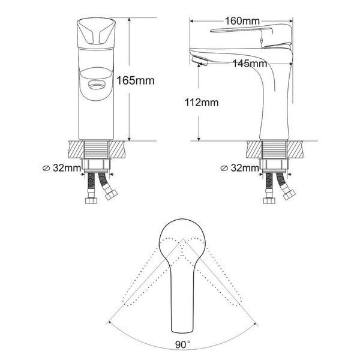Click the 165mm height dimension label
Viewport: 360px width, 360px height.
coord(136,81)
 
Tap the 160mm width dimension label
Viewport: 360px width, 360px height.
coord(242,21)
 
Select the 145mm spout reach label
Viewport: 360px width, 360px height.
coord(250,64)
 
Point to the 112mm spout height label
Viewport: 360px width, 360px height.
coord(202,103)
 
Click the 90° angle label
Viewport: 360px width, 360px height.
coord(183,344)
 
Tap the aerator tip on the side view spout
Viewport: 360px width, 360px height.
coord(199,61)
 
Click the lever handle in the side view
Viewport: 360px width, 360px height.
coord(253,33)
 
